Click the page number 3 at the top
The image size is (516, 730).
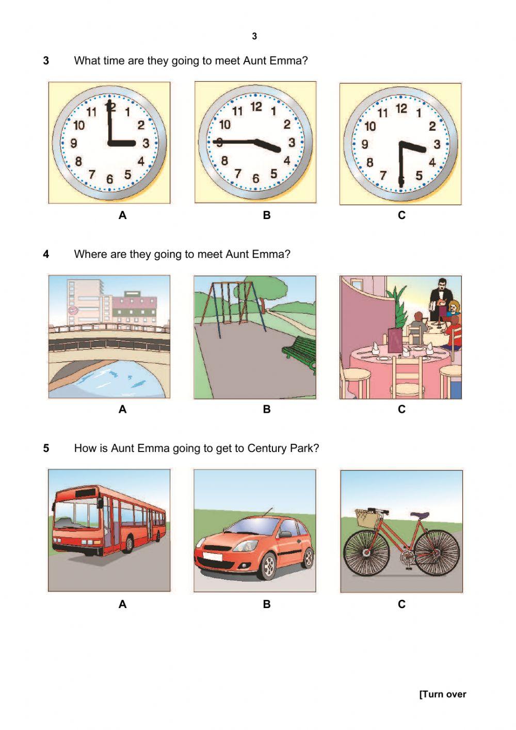click(254, 36)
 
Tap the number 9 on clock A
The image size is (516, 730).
click(74, 144)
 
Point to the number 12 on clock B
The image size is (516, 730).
click(256, 107)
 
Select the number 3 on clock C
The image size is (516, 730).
click(437, 144)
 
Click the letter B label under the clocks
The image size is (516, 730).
click(266, 215)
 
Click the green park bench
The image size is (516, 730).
click(299, 352)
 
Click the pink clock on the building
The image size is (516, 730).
click(73, 310)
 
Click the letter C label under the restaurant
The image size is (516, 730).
click(401, 410)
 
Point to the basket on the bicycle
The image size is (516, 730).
click(365, 518)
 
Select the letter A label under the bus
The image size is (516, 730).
click(122, 604)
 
